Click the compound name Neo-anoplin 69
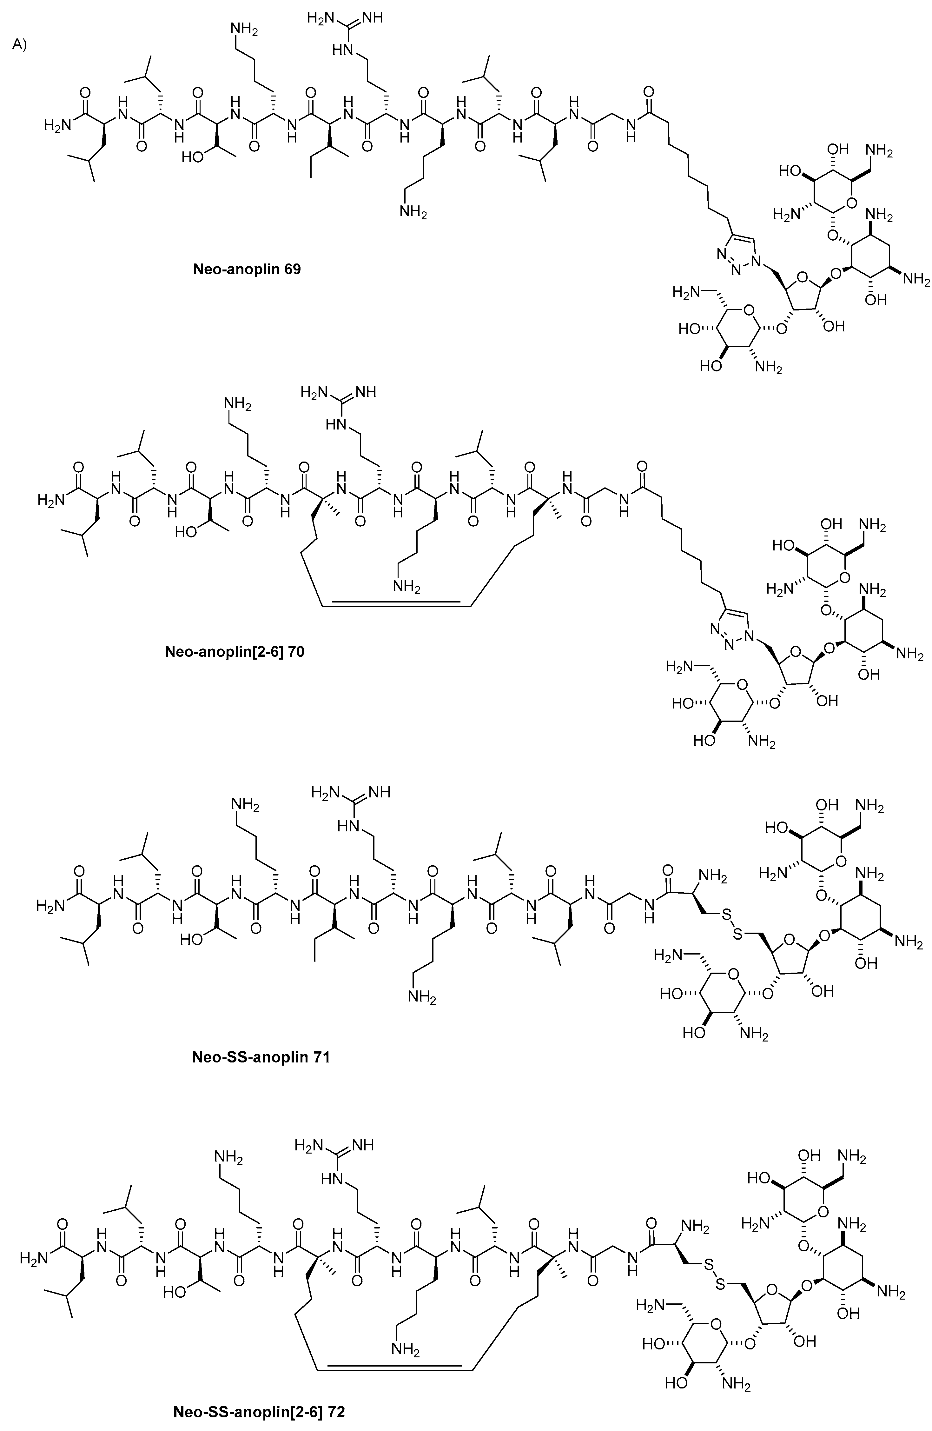246,269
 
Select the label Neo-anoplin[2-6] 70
235,651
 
